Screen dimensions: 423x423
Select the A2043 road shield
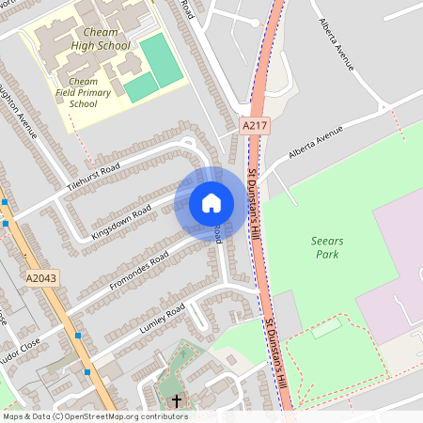pos(40,278)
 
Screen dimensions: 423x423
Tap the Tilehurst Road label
pos(94,176)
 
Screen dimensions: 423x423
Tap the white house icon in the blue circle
pos(211,203)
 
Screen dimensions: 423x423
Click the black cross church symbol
pos(177,401)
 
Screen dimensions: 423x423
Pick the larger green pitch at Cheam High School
pos(161,58)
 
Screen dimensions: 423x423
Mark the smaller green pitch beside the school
pos(141,87)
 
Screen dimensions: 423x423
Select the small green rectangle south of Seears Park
pos(326,328)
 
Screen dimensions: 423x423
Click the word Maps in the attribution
pos(13,416)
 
